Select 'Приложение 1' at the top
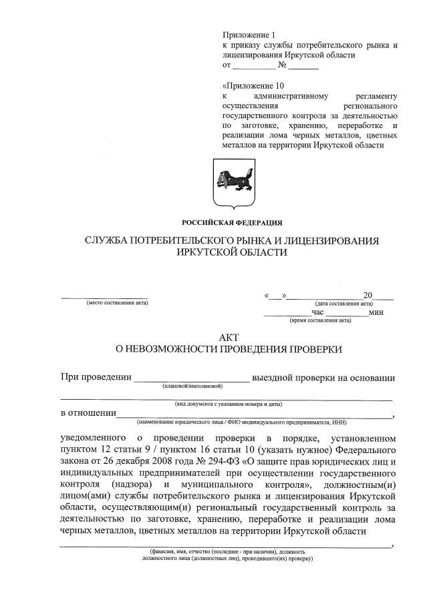tap(248, 34)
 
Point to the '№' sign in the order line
tap(282, 66)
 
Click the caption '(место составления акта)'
tap(118, 303)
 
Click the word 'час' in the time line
tap(317, 312)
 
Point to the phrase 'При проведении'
tap(96, 378)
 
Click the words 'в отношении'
tap(88, 413)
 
